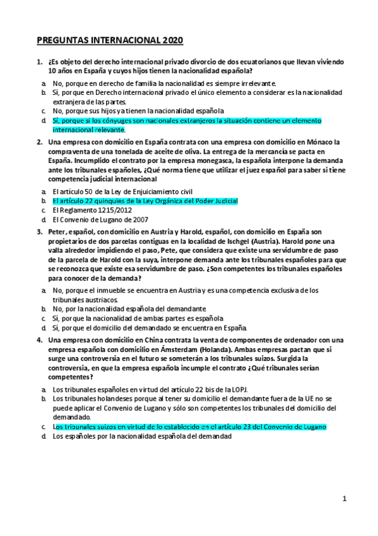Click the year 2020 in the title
(x=170, y=41)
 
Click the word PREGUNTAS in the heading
(x=61, y=41)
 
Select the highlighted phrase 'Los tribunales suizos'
(x=88, y=427)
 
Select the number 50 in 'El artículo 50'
(x=86, y=191)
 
